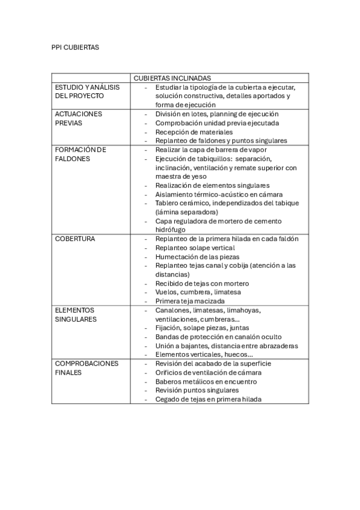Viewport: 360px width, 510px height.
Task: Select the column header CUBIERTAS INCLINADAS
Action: (x=171, y=78)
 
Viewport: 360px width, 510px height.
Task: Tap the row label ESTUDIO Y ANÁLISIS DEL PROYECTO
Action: (x=87, y=91)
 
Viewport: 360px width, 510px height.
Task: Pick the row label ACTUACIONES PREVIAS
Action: (x=78, y=118)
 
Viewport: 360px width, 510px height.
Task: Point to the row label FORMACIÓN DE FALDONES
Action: (x=81, y=154)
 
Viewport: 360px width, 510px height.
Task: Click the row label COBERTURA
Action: (x=75, y=239)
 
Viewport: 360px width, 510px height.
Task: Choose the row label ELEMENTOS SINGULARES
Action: (x=76, y=315)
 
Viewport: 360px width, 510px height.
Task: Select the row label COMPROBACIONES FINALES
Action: (x=87, y=368)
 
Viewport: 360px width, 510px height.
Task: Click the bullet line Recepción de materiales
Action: (x=194, y=131)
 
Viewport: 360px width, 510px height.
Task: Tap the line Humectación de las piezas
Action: (x=196, y=256)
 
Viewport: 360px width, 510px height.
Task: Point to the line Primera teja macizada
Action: (x=190, y=301)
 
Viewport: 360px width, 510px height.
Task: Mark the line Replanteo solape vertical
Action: (x=195, y=247)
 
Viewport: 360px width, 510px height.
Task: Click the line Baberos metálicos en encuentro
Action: (x=206, y=381)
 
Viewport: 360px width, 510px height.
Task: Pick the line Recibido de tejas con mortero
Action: (x=202, y=283)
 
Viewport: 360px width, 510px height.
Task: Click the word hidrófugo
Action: (x=170, y=230)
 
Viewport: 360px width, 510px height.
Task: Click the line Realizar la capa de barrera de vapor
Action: (x=211, y=149)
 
